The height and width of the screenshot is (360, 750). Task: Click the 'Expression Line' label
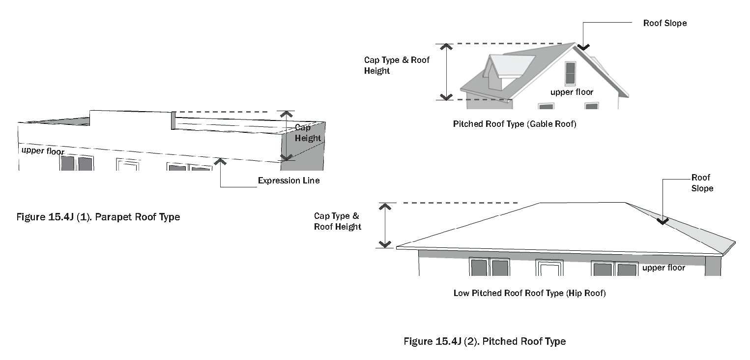click(x=288, y=180)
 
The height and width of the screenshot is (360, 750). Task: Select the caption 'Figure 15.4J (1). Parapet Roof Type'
click(x=98, y=217)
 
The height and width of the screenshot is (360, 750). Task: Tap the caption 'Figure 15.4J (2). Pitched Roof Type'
click(x=485, y=341)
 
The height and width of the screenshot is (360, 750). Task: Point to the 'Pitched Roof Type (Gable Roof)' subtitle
click(x=514, y=124)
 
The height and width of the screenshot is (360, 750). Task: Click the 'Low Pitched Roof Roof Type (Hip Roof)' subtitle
click(x=529, y=293)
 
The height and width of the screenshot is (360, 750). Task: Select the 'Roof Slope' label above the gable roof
click(x=664, y=23)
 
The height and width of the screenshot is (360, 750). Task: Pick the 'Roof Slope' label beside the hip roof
click(x=701, y=183)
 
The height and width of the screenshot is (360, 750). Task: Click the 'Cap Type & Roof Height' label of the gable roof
click(x=396, y=65)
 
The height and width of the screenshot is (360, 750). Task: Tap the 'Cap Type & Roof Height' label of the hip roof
click(x=338, y=221)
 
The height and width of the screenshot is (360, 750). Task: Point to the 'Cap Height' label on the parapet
click(x=308, y=133)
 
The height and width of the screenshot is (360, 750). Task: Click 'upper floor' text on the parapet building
click(x=43, y=150)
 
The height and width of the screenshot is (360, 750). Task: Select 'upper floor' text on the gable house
click(x=572, y=92)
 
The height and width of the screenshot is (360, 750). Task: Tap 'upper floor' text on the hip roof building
click(x=663, y=268)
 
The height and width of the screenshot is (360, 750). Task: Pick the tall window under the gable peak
click(x=570, y=73)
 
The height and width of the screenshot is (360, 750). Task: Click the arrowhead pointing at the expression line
click(x=221, y=161)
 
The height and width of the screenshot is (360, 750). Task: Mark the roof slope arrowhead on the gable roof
click(x=583, y=47)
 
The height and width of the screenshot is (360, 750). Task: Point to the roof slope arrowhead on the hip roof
click(x=663, y=222)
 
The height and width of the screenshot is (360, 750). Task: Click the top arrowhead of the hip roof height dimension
click(x=385, y=206)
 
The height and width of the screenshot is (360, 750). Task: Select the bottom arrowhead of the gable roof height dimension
click(x=446, y=96)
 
